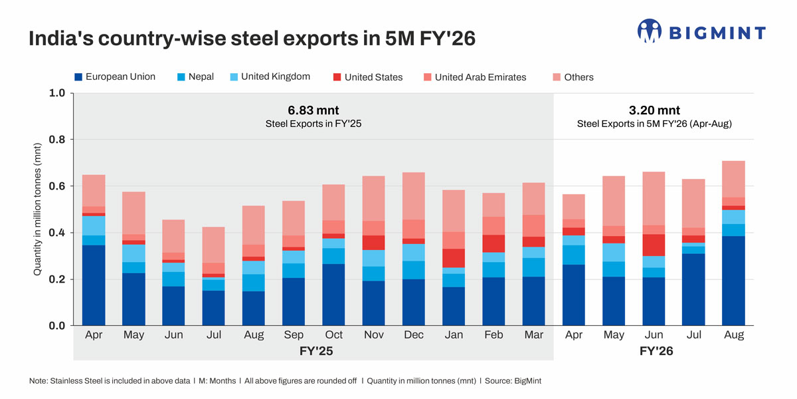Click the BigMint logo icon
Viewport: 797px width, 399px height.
[x=650, y=31]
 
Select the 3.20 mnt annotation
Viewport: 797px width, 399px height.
[x=654, y=110]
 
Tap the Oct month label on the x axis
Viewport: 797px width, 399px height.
[x=333, y=335]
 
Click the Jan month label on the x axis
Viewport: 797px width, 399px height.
[x=454, y=335]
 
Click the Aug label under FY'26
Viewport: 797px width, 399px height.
[x=733, y=335]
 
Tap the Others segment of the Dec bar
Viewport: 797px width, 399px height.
[x=414, y=196]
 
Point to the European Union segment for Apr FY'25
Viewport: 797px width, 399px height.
[x=93, y=285]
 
